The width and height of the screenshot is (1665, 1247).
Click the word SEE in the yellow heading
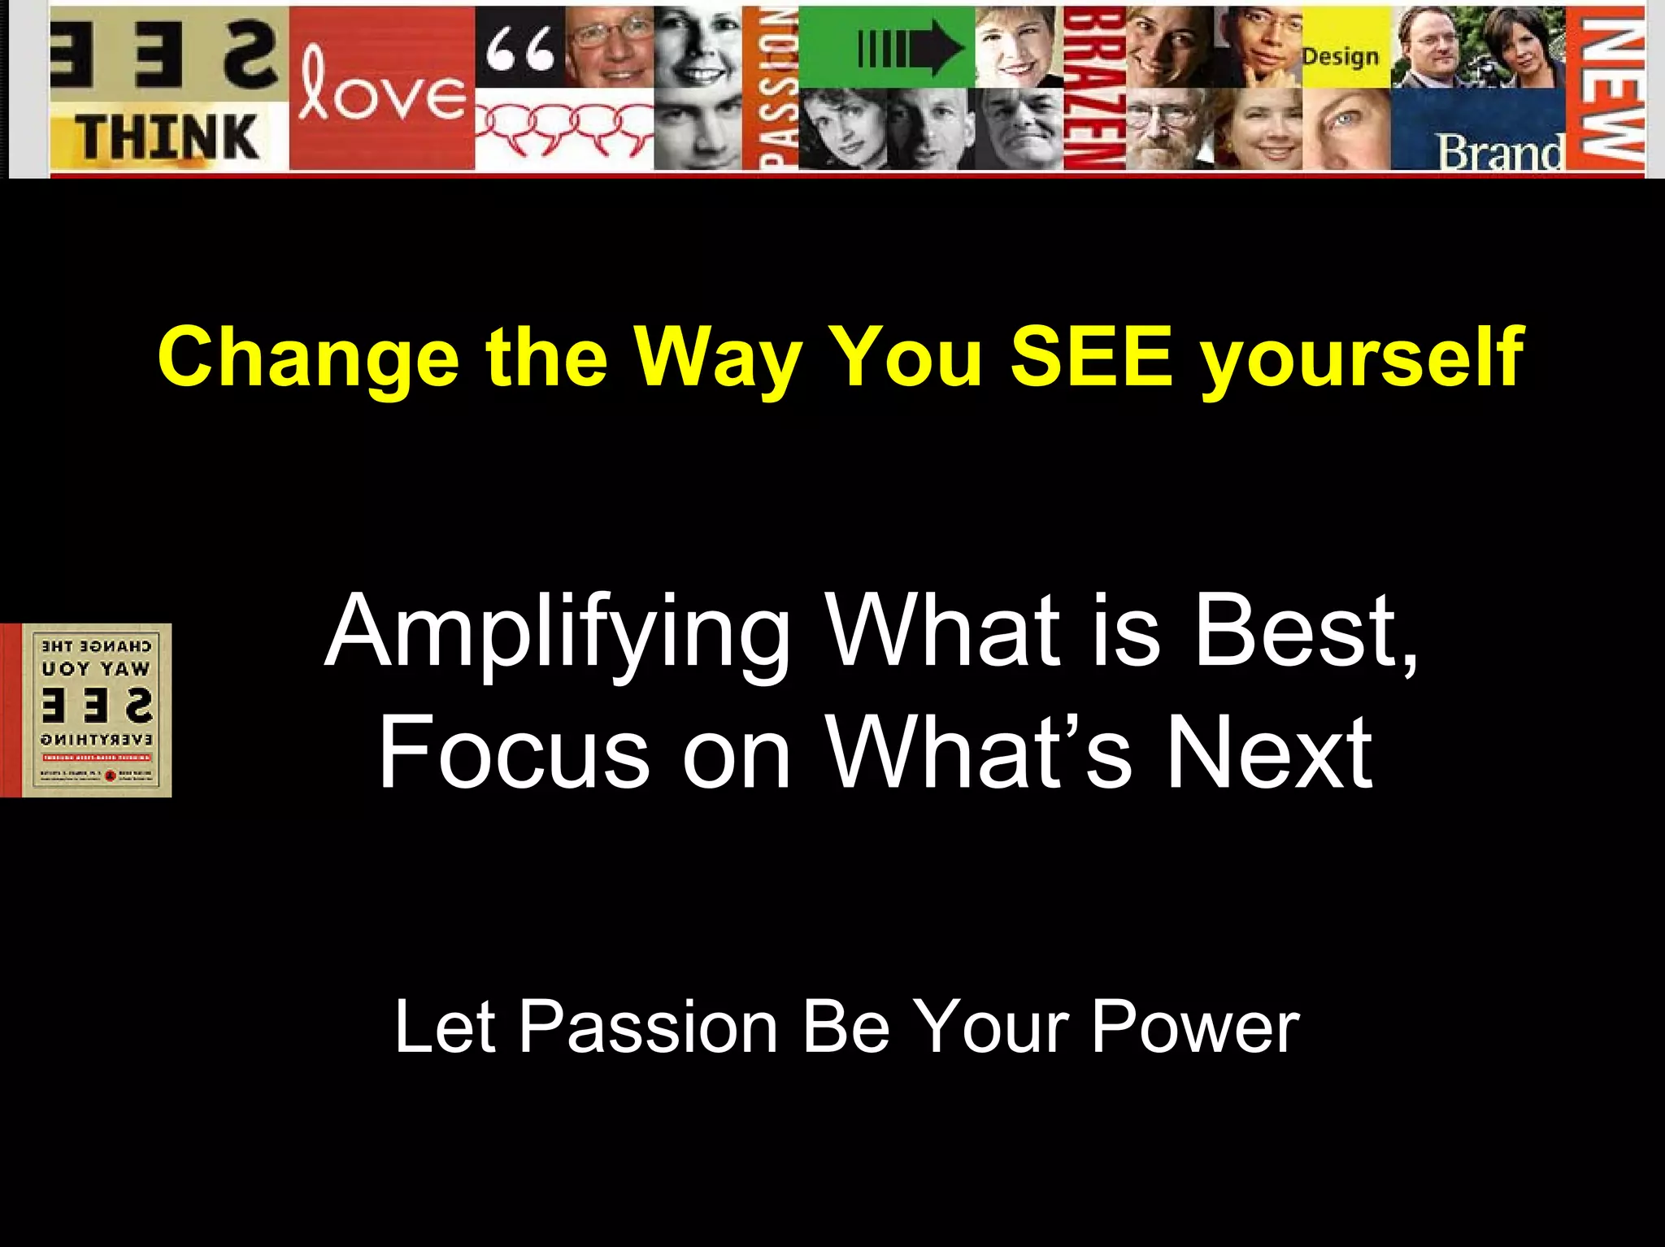[1092, 358]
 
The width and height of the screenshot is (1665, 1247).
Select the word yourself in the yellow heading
[1362, 358]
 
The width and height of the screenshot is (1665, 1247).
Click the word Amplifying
[558, 630]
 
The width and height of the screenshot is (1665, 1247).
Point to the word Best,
[1306, 630]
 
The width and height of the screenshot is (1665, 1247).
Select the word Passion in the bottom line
[648, 1027]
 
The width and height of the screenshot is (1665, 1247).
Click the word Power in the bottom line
[1195, 1027]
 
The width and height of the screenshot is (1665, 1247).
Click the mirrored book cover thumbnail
[96, 710]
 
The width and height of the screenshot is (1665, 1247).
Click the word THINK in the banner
[169, 137]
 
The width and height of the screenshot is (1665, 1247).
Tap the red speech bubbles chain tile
[563, 128]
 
